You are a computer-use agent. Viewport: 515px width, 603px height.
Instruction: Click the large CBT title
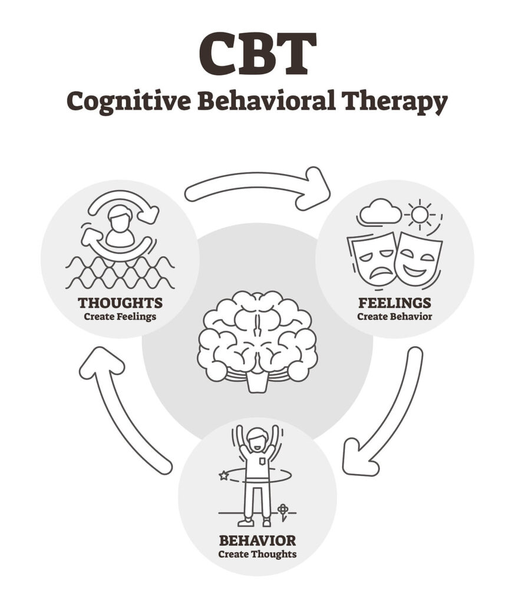point(257,55)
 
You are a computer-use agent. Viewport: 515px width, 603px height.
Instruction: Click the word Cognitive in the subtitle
point(127,102)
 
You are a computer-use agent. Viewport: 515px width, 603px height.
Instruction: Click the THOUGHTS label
point(120,303)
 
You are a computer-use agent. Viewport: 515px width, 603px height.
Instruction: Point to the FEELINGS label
point(394,303)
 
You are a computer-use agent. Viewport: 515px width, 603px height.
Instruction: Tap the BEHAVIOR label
point(257,540)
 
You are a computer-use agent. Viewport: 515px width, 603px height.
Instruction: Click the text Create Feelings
point(120,317)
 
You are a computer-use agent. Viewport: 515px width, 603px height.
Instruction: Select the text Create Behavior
point(394,317)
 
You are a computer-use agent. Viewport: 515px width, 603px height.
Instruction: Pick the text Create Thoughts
point(257,554)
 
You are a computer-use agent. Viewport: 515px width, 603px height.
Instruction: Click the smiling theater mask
point(417,258)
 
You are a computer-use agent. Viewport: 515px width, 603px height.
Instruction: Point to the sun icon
point(420,214)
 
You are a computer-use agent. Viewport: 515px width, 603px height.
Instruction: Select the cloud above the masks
point(380,212)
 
